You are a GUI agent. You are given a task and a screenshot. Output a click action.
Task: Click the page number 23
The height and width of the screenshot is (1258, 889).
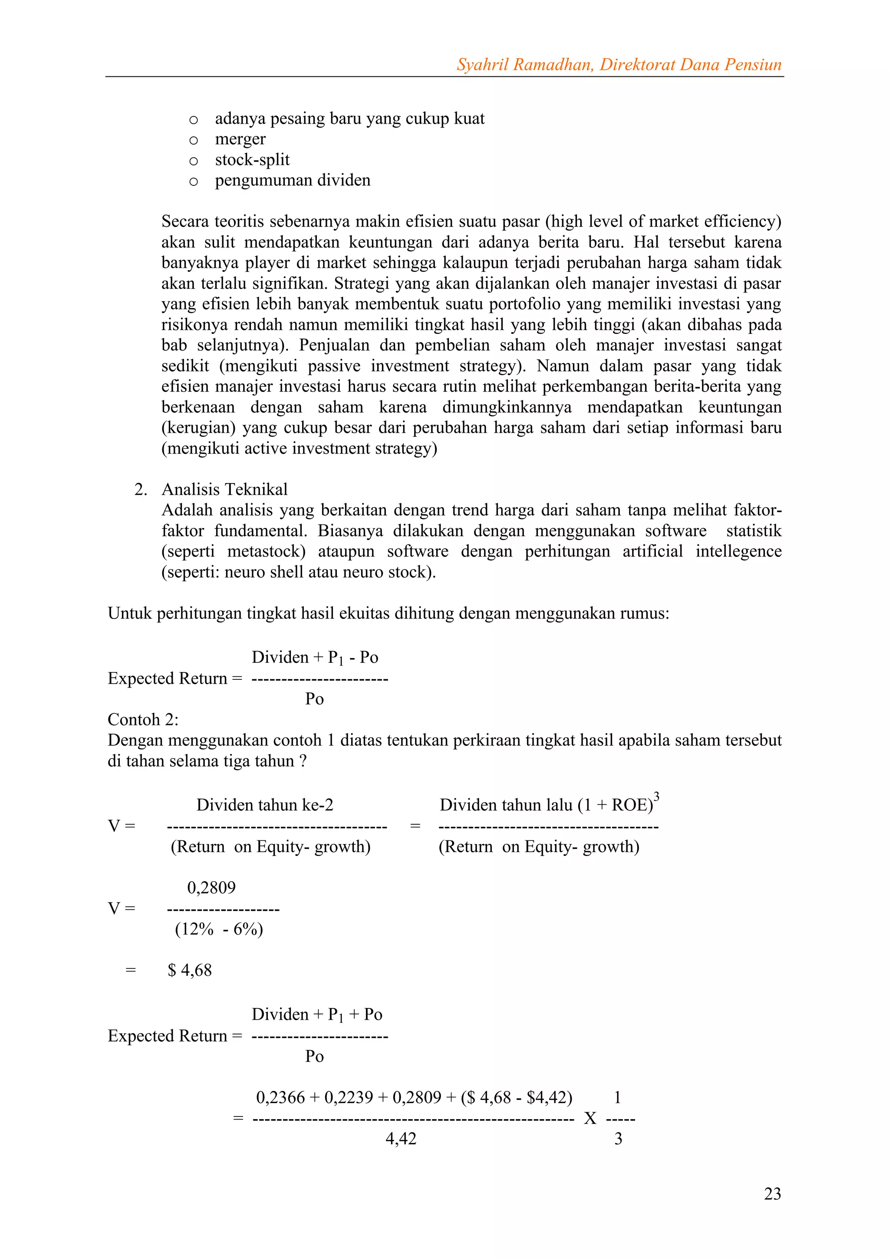click(772, 1193)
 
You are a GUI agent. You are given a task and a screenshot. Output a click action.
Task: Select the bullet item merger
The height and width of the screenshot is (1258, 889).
click(240, 139)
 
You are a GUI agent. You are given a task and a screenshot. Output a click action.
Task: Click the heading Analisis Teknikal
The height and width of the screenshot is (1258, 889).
click(224, 489)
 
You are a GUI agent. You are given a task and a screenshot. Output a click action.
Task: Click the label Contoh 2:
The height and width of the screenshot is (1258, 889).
click(143, 719)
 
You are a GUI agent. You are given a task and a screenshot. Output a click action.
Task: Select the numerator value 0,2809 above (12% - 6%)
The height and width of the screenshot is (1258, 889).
click(211, 888)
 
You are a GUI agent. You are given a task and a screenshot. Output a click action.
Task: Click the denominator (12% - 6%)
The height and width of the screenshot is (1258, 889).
click(218, 929)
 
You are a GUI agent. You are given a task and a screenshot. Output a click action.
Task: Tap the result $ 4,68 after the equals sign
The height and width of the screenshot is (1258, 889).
click(190, 970)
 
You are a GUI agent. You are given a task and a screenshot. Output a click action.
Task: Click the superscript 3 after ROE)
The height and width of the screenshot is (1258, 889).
click(657, 796)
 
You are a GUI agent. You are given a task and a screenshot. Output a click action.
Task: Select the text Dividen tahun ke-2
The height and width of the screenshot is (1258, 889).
click(264, 805)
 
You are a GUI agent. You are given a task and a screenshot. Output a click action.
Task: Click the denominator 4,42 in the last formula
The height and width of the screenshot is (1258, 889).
click(401, 1139)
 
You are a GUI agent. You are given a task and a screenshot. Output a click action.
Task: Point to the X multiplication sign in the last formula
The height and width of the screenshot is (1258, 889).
click(590, 1118)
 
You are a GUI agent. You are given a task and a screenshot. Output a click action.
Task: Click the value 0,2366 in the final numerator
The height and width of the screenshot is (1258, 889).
click(280, 1097)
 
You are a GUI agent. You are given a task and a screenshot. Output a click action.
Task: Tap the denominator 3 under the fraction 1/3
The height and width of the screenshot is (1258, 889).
click(619, 1139)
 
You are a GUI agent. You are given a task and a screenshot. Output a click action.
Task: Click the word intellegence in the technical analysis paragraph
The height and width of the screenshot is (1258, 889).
click(738, 551)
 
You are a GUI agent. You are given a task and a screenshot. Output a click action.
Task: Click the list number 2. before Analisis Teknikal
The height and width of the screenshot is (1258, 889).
click(141, 489)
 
